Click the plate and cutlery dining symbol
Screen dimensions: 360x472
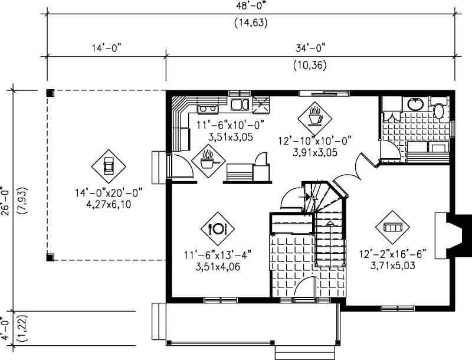218,228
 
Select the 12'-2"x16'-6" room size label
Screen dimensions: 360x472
393,255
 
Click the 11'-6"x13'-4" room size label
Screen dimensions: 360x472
217,255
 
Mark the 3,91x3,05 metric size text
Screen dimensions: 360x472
316,150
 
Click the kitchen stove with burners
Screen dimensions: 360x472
206,107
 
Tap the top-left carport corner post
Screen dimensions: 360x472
50,93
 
